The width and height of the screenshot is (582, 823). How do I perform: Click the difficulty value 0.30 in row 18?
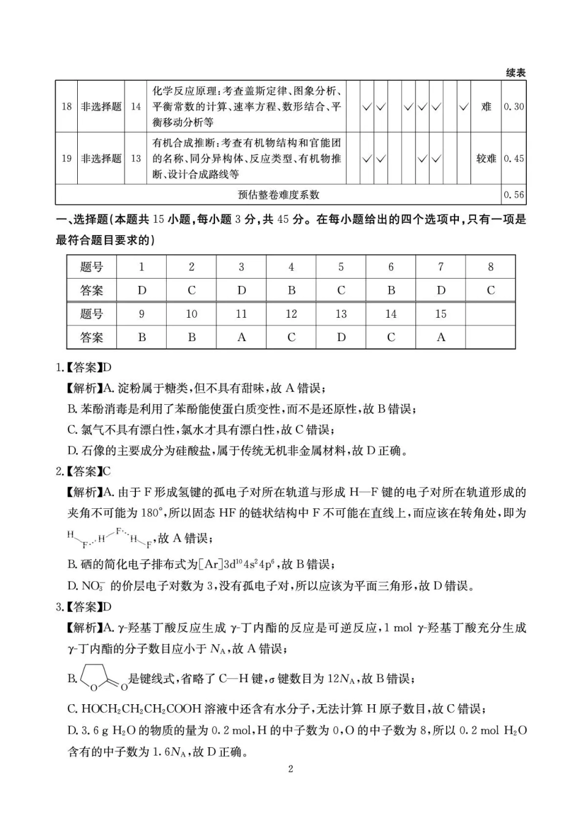point(514,107)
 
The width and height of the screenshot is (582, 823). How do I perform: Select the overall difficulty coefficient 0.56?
point(514,195)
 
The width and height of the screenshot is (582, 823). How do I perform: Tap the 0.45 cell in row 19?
point(514,159)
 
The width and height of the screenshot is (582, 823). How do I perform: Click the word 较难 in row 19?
point(486,159)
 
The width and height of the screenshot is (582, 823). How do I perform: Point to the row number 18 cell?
point(66,107)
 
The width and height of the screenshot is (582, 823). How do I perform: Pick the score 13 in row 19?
point(135,159)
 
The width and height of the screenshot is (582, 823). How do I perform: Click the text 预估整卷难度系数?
point(279,195)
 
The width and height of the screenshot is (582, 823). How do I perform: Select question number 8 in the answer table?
point(490,267)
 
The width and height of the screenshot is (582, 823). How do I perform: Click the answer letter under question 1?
point(142,290)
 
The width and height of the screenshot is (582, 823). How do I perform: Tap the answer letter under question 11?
point(241,337)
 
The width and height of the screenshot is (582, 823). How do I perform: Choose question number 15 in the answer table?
point(440,314)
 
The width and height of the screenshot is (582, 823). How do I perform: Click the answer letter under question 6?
point(391,290)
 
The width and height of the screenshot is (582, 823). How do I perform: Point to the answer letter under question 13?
point(341,337)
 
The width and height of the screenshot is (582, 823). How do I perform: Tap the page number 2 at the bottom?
point(290,769)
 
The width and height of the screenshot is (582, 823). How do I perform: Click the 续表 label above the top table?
point(515,73)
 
